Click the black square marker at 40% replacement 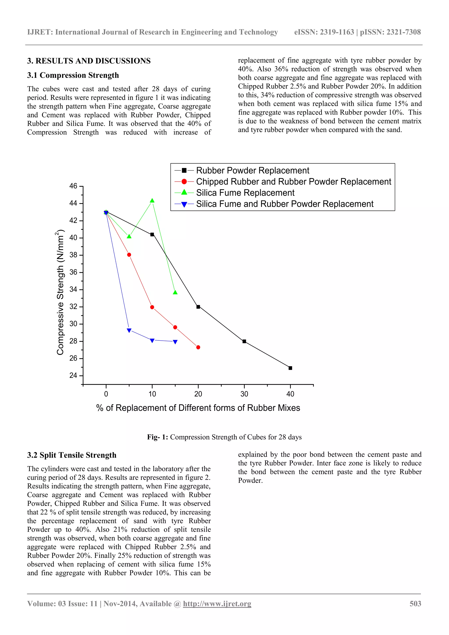coord(290,368)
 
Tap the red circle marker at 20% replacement coord(198,347)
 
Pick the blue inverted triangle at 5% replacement coord(129,330)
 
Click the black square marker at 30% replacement coord(244,341)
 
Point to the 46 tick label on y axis coord(73,186)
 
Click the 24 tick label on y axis coord(73,376)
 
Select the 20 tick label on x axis coord(198,394)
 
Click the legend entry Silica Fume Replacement coord(245,193)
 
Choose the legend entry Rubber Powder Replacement coord(252,170)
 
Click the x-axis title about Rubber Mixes coord(198,408)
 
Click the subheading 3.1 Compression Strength coord(73,75)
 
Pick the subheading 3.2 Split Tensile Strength coord(72,455)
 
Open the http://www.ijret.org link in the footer coord(217,604)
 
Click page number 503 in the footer coord(415,604)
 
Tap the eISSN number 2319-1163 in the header coord(337,32)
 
